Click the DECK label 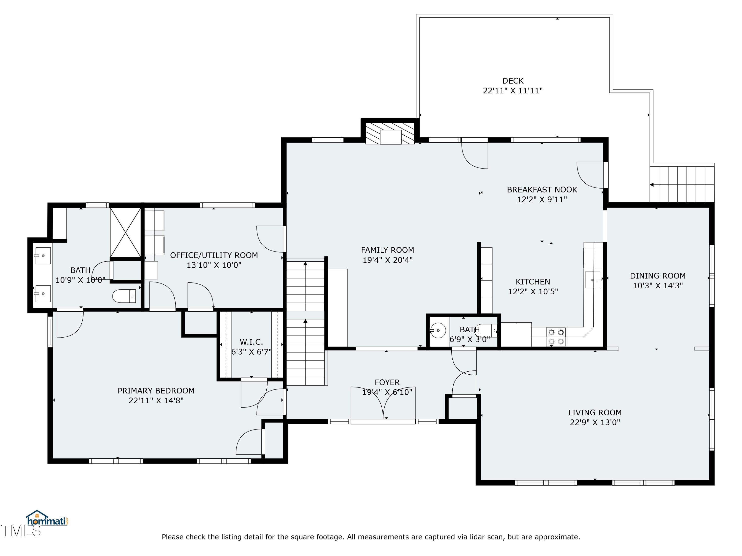(x=513, y=81)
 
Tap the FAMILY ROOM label (x=387, y=250)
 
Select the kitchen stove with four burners (x=556, y=337)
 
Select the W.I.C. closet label (x=251, y=342)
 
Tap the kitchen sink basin (x=593, y=280)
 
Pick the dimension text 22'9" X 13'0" (x=595, y=422)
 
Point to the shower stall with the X (x=125, y=233)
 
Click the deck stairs (x=682, y=184)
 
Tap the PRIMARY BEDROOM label (x=156, y=391)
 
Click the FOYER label (x=387, y=382)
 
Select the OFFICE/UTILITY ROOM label (x=214, y=255)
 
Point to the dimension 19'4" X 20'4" (x=387, y=260)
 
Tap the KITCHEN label (x=533, y=282)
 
